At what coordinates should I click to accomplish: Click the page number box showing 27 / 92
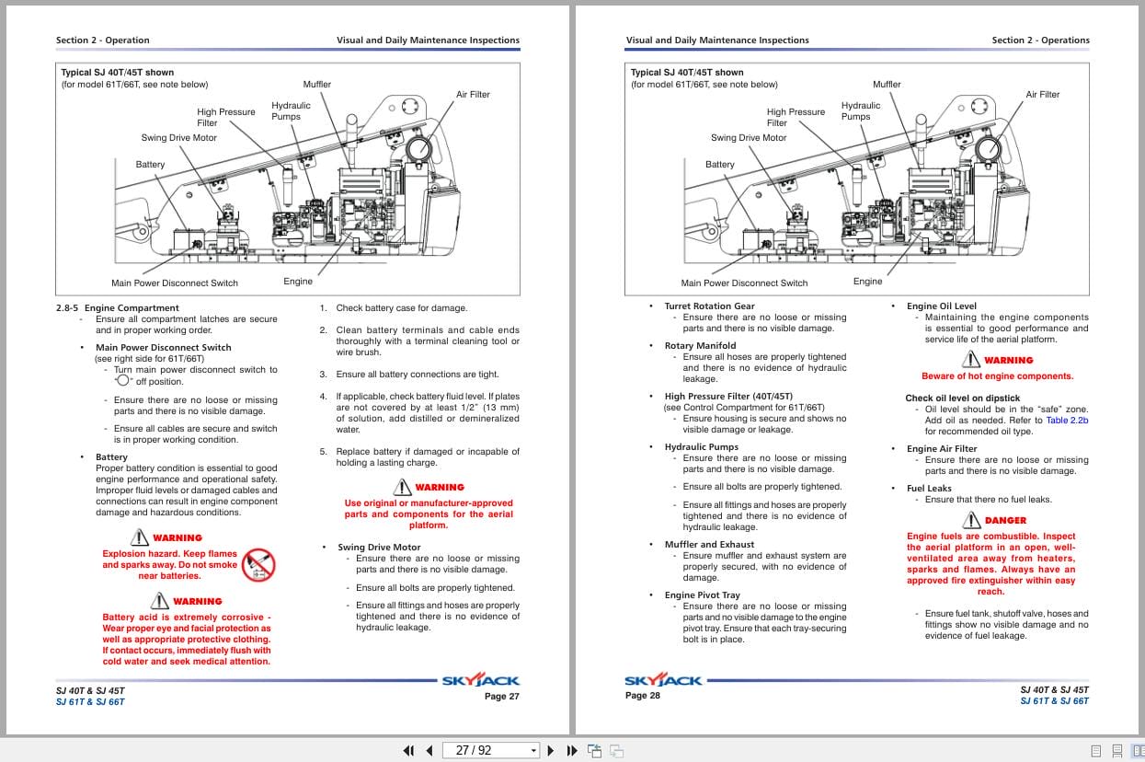490,750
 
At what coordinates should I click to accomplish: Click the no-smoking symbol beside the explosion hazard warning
258,564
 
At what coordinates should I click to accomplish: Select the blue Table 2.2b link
1067,420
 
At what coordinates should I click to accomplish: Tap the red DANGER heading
1004,520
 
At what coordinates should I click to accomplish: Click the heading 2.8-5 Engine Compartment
117,307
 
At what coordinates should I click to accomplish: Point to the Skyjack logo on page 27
480,681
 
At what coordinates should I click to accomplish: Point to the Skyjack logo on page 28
663,681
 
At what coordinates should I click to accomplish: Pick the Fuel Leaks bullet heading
929,488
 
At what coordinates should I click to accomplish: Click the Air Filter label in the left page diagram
473,95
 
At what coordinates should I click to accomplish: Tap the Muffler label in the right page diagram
887,85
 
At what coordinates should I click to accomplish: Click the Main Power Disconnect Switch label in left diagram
175,283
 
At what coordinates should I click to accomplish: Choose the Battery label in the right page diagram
720,165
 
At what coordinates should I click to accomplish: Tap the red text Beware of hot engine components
997,375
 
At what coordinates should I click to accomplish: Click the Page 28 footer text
642,695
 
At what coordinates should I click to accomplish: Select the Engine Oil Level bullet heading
941,306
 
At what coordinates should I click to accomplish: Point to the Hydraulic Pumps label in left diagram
291,110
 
